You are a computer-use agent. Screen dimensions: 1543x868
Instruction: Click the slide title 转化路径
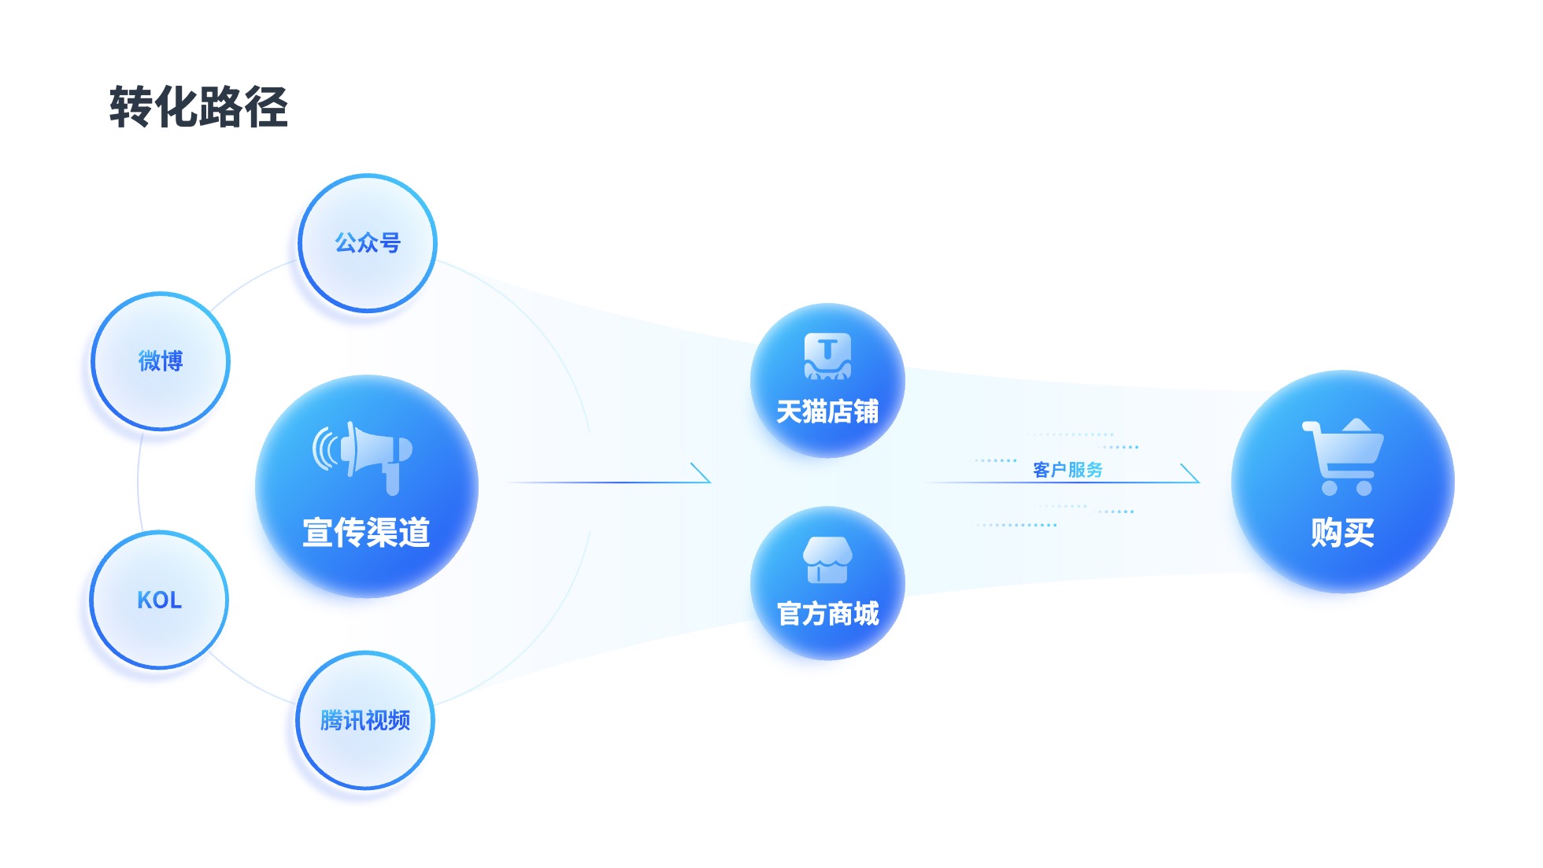coord(198,107)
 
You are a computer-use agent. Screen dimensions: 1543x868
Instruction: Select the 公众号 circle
coord(368,242)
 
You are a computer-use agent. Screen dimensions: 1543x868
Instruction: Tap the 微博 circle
coord(161,361)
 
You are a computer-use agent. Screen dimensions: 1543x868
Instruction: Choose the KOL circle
coord(159,600)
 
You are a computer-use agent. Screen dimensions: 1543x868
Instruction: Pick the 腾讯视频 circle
coord(365,720)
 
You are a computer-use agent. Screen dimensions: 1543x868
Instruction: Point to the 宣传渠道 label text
coord(367,533)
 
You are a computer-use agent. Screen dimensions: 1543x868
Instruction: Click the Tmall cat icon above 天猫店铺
coord(827,356)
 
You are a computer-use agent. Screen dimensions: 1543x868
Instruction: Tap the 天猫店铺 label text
coord(827,412)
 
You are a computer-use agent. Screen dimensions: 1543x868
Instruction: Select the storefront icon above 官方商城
coord(827,560)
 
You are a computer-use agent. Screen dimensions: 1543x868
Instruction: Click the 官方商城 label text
coord(827,614)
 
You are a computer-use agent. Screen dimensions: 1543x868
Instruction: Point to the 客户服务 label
coord(1068,470)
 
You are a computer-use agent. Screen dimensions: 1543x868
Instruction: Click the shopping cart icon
coord(1343,456)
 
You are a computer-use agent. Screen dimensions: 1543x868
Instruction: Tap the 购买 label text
coord(1343,533)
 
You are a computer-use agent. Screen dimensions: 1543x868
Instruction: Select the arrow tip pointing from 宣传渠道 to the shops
coord(709,482)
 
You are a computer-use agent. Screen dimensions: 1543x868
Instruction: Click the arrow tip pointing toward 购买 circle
coord(1198,482)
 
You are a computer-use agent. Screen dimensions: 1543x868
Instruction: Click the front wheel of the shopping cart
coord(1364,488)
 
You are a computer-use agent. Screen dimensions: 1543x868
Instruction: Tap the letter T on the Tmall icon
coord(827,349)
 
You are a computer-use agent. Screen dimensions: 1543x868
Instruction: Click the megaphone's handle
coord(392,479)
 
